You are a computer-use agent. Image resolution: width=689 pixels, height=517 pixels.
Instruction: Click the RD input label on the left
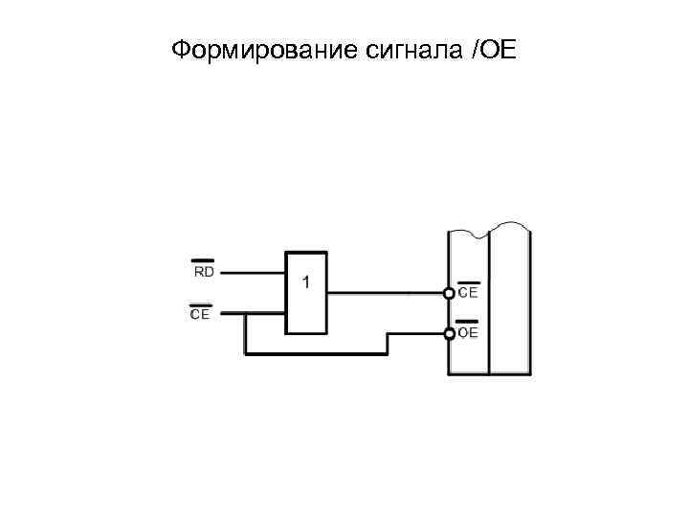(x=203, y=272)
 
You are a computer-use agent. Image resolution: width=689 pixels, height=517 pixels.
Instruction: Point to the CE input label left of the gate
(x=200, y=313)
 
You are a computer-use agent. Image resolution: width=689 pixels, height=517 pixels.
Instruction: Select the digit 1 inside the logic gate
(x=306, y=282)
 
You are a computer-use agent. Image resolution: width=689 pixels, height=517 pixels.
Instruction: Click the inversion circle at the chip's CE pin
(x=449, y=291)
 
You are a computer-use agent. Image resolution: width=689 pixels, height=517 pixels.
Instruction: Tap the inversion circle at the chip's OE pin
(x=449, y=333)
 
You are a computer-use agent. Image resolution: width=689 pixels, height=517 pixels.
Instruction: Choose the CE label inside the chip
(x=468, y=292)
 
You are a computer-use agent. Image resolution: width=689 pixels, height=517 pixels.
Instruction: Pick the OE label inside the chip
(x=468, y=333)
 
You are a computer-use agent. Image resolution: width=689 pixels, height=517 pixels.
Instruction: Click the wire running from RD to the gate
(x=253, y=272)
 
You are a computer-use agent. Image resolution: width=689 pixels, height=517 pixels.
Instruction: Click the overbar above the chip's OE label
(x=468, y=322)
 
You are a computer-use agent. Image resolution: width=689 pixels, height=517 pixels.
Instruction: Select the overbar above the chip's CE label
(x=468, y=281)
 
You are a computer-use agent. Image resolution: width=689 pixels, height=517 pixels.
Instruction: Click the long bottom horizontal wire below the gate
(x=316, y=353)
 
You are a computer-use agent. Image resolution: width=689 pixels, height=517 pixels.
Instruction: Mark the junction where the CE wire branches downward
(x=246, y=314)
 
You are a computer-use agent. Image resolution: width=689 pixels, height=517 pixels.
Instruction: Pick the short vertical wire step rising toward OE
(x=388, y=343)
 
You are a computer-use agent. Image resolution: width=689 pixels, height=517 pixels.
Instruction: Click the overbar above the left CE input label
(x=200, y=303)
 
